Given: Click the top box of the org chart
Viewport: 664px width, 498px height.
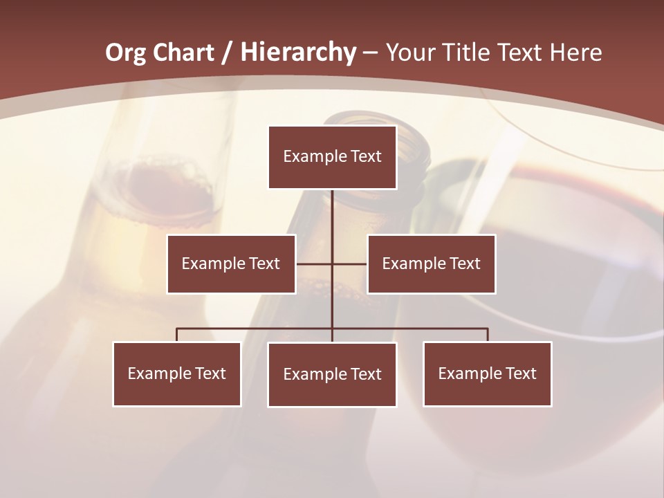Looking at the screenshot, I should [x=332, y=157].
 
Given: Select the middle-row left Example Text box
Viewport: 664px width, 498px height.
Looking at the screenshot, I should [x=231, y=264].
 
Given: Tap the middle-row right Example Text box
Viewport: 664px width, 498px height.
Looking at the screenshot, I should [x=431, y=264].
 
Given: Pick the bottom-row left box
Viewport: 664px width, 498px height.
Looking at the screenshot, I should [x=177, y=373].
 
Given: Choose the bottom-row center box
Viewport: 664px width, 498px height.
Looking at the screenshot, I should [x=332, y=374].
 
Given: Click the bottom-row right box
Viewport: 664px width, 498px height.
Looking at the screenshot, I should [x=487, y=373].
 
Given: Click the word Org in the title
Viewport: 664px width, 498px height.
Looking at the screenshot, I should [x=125, y=53].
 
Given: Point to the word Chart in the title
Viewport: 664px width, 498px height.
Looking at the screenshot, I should [x=184, y=53].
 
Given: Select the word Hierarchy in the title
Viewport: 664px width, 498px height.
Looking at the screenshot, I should [x=297, y=53].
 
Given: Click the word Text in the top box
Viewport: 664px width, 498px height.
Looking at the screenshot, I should [x=365, y=156].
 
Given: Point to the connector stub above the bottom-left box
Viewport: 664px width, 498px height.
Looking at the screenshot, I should [x=177, y=335].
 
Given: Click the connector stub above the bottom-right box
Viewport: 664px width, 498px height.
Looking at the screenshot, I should [x=488, y=335].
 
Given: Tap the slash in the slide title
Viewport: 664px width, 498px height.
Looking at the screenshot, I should [x=226, y=53].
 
